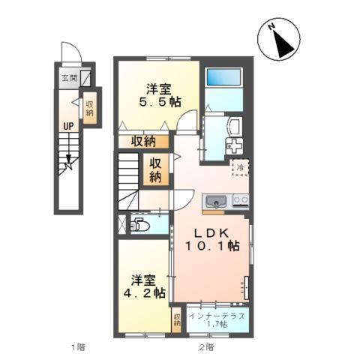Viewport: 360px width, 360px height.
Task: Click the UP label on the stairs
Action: click(67, 126)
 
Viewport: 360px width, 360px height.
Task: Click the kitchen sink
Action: click(216, 200)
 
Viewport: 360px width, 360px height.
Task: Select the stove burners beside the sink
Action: click(241, 200)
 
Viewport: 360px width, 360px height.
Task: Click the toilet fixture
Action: click(139, 224)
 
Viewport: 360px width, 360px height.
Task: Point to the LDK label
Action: click(214, 231)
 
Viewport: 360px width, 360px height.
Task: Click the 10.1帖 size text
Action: click(214, 245)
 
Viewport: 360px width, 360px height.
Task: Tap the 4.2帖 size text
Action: click(142, 293)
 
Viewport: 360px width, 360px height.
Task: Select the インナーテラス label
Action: click(216, 314)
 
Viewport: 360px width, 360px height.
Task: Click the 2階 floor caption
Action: click(207, 346)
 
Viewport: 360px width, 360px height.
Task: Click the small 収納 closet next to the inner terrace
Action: click(177, 319)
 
